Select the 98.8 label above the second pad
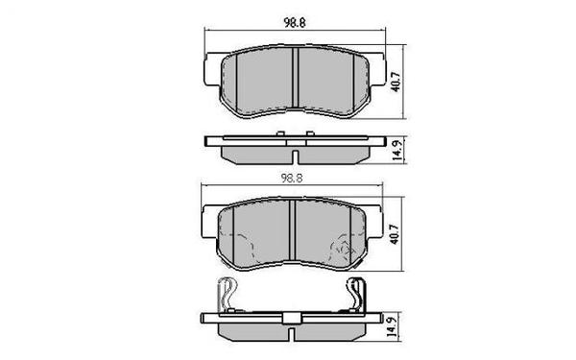[294, 179]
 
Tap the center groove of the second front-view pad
[294, 237]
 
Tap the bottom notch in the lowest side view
[294, 332]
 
